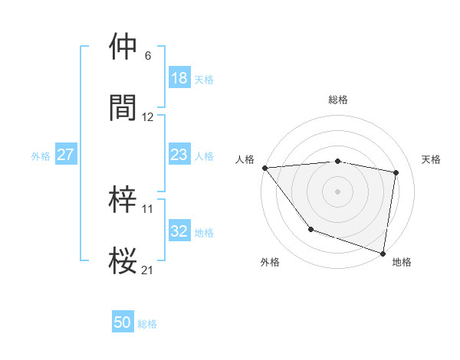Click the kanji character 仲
coord(123,47)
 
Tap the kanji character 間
coord(123,107)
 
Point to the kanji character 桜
coord(123,260)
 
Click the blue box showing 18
coord(179,78)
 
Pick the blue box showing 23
coord(179,155)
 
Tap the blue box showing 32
coord(179,232)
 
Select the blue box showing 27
coord(65,155)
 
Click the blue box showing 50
coord(123,322)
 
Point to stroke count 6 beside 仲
coord(147,56)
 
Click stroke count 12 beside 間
coord(148,117)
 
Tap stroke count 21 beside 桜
coord(148,270)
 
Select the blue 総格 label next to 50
coord(147,324)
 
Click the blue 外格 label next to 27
coord(41,155)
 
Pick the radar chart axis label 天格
coord(431,159)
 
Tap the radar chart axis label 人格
coord(245,159)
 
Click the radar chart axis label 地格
coord(402,262)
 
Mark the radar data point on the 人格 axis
coord(264,168)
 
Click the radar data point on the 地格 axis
coord(383,252)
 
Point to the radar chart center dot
coord(337,191)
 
